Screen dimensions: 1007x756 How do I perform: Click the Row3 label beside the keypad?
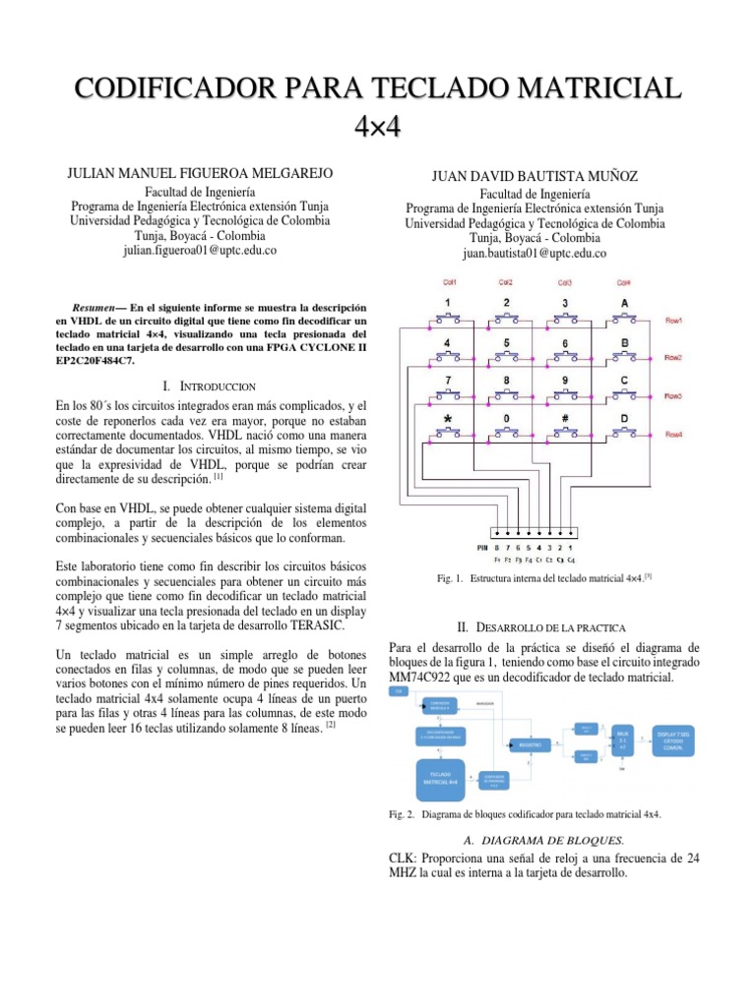click(x=674, y=395)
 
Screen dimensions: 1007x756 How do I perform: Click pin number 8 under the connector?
click(x=496, y=547)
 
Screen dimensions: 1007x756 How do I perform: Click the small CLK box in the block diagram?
click(x=399, y=692)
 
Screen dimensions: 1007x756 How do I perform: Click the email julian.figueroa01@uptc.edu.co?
click(x=199, y=250)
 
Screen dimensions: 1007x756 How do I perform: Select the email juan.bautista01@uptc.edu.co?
click(x=535, y=252)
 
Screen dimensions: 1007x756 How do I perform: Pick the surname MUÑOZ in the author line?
click(x=610, y=176)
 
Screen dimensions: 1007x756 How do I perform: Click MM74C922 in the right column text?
click(x=423, y=680)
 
